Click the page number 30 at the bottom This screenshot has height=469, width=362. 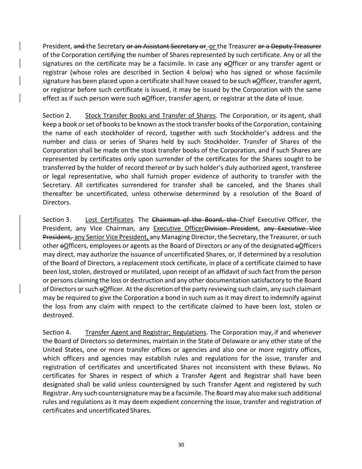181,445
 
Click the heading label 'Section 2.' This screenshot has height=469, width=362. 57,115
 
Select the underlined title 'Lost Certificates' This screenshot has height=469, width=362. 109,220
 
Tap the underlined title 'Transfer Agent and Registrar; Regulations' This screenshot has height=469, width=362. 145,332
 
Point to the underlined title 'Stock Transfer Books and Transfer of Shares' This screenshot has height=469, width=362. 150,115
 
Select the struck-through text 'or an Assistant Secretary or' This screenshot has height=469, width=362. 166,46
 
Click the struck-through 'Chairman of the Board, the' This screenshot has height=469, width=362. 195,220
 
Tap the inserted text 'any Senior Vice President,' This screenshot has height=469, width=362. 112,237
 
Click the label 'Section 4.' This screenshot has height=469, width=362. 57,332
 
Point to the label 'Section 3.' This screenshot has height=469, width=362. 57,220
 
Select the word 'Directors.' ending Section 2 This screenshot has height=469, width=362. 57,202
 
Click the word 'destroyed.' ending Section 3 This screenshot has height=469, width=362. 58,315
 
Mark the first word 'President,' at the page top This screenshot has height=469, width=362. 57,46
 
